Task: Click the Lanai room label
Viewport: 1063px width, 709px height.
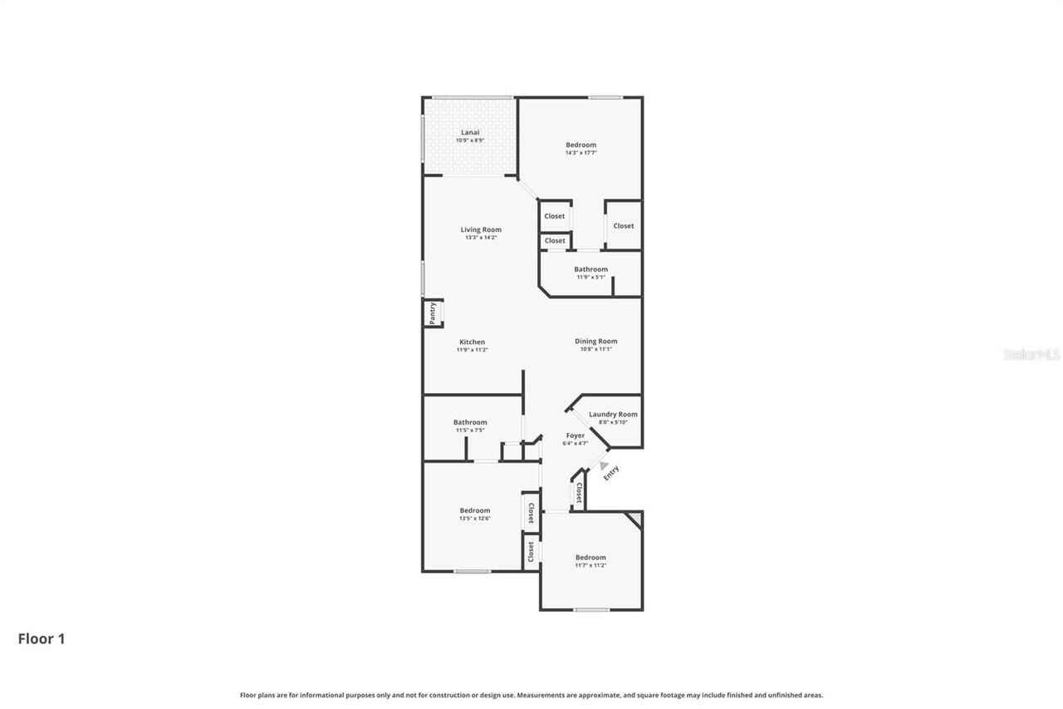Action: pos(470,132)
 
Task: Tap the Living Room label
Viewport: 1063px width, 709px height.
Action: pos(481,229)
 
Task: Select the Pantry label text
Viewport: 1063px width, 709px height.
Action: pos(433,313)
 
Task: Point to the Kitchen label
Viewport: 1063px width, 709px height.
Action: pos(472,342)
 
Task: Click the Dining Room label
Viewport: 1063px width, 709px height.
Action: pos(596,341)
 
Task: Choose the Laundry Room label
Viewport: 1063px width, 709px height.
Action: pos(613,414)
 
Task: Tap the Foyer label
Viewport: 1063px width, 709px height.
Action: pos(575,436)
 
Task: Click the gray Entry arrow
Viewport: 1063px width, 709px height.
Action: pos(604,466)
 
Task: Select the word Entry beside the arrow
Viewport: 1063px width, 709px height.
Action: pos(611,473)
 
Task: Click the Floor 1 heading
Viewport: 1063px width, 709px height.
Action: pos(42,638)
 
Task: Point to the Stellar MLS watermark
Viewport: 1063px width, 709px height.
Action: pos(1032,354)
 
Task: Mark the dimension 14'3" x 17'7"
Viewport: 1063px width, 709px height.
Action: pos(580,153)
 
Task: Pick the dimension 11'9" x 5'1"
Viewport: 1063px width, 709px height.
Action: pos(590,277)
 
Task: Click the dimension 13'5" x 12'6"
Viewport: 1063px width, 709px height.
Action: pos(475,518)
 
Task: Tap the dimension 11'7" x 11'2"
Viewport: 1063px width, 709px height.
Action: pos(590,565)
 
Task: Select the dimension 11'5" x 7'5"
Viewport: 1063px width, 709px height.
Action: pos(470,430)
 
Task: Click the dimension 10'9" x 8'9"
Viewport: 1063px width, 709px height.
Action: pos(470,140)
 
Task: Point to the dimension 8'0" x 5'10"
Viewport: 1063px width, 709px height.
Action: pos(613,422)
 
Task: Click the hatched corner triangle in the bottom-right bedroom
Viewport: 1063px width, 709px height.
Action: pos(635,519)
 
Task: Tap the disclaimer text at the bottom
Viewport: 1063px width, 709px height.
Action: pos(531,695)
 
